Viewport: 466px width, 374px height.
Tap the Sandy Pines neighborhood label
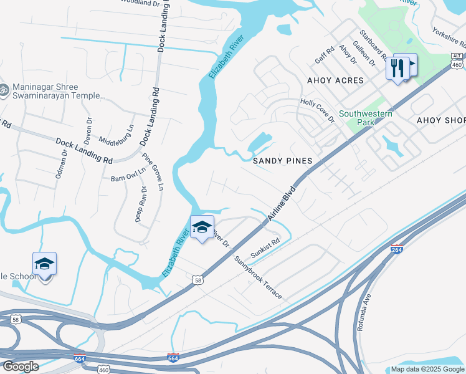[282, 161]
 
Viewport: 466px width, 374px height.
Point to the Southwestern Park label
[366, 118]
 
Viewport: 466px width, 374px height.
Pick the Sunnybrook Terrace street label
[258, 277]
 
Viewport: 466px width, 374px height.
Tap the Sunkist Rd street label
[266, 247]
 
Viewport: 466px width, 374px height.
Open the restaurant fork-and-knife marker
[397, 68]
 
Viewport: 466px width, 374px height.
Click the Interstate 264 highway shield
[396, 249]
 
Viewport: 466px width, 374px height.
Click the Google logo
[21, 367]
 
